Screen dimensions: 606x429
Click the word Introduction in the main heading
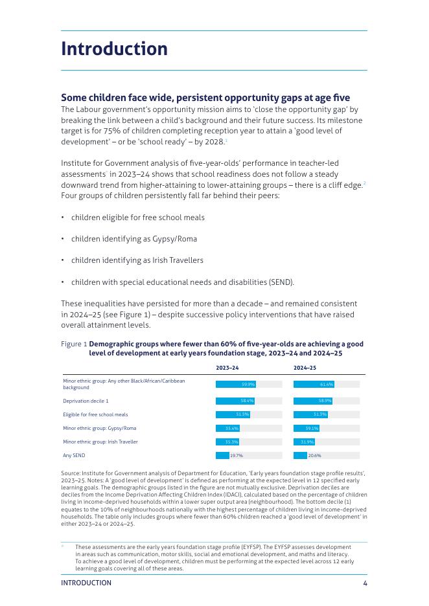click(x=114, y=49)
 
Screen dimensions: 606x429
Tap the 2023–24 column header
click(x=227, y=368)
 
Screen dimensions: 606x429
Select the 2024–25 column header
click(x=305, y=368)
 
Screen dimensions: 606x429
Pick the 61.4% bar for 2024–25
click(x=314, y=384)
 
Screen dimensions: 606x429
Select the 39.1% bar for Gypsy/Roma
click(x=307, y=428)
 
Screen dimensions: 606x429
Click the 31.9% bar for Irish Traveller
click(x=304, y=442)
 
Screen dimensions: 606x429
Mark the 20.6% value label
click(x=314, y=456)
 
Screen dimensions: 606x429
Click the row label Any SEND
click(x=74, y=456)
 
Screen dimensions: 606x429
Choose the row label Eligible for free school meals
click(x=95, y=414)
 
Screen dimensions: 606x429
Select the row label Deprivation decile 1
click(x=86, y=401)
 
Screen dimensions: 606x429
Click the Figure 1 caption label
click(x=74, y=344)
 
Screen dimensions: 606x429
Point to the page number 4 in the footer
click(x=365, y=583)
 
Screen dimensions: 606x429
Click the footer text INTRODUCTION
click(x=86, y=583)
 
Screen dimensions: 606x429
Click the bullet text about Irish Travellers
click(x=137, y=260)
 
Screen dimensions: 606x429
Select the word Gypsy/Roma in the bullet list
click(x=177, y=239)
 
